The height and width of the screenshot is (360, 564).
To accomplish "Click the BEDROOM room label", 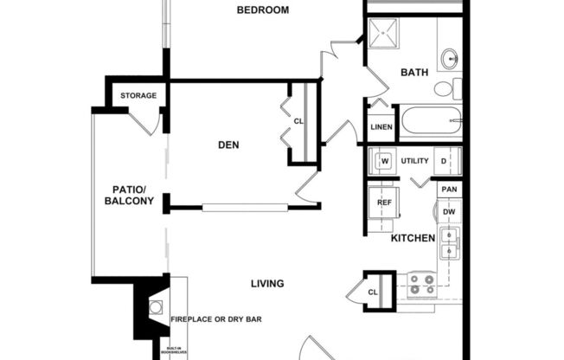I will [264, 10].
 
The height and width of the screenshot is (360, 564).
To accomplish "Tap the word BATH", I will [413, 73].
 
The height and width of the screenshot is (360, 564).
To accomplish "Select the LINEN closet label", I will [381, 127].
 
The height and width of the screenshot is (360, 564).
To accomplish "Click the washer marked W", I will [384, 161].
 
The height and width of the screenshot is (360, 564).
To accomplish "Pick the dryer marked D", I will [443, 161].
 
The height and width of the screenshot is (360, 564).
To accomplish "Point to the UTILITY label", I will [414, 161].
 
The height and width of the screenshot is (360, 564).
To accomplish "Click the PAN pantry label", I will [449, 190].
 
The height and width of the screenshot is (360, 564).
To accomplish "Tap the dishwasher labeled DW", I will [449, 211].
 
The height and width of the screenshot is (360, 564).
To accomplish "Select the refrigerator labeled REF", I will [384, 202].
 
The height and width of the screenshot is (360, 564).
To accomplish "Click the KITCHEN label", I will [413, 238].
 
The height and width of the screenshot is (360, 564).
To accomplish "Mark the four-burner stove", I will [421, 284].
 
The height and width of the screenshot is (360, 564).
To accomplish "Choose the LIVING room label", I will [268, 283].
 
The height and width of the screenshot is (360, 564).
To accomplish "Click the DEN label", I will [228, 145].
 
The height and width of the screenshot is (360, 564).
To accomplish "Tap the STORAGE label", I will [138, 95].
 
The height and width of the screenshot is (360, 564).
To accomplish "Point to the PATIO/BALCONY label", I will [129, 196].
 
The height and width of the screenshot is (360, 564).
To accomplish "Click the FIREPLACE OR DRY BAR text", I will [216, 319].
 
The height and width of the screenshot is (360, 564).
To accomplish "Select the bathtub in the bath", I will [430, 119].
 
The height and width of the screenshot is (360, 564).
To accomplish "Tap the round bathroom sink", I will [450, 59].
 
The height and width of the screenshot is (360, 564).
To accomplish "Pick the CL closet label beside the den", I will [298, 121].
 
